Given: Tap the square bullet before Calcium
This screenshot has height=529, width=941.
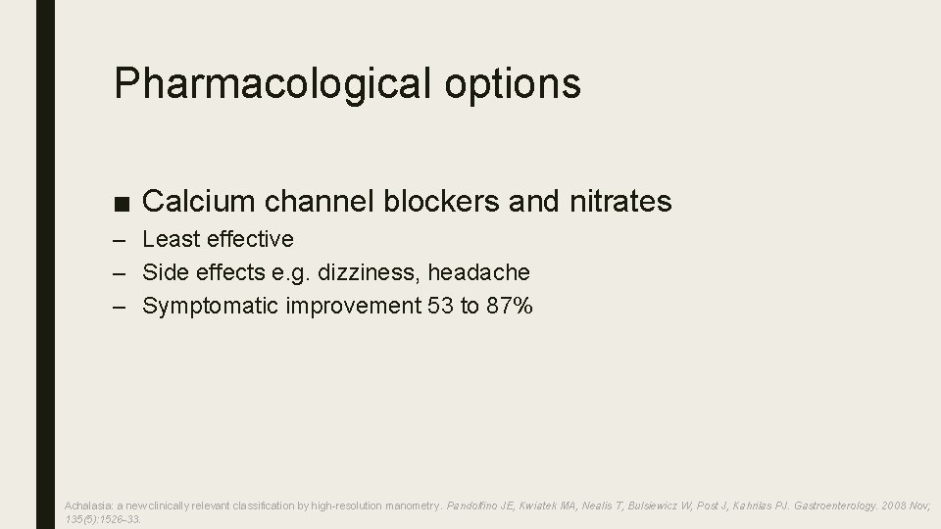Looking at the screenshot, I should (121, 203).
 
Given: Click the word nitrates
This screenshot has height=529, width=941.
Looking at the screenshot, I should (619, 202).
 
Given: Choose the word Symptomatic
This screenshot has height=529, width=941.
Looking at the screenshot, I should (211, 306).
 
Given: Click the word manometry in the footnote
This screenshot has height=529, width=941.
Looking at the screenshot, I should (410, 505).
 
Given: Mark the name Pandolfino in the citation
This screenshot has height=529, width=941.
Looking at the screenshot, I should (476, 505).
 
